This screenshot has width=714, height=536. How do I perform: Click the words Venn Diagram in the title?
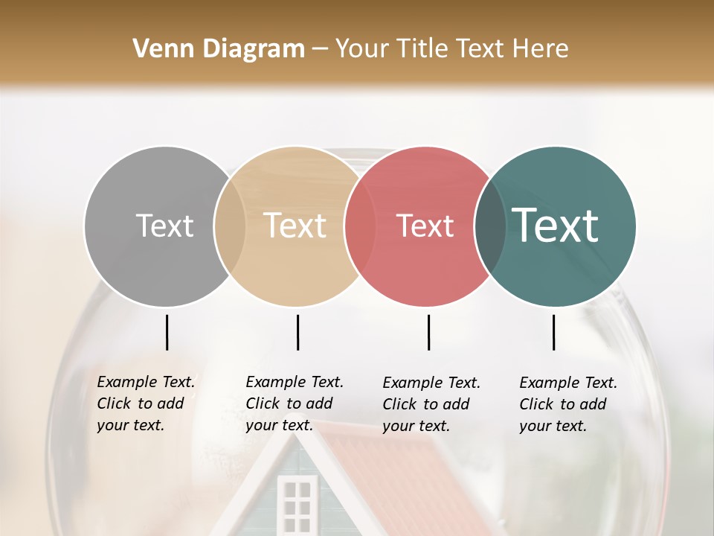coord(219,49)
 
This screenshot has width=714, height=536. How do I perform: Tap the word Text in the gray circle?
coord(164,226)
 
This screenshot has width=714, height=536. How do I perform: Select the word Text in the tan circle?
coord(295,226)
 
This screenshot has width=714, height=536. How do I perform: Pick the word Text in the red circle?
coord(425,226)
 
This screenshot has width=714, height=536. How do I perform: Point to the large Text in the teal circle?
coord(556,225)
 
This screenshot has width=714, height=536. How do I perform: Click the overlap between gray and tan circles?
coord(230,226)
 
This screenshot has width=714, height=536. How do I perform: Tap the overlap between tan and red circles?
coord(360,226)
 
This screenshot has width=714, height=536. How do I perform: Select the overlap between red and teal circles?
coord(490,226)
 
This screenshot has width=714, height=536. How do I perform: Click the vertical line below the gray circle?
coord(167,332)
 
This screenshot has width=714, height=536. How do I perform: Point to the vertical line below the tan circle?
coord(297,332)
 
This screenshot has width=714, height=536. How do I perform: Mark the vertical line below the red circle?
coord(428,332)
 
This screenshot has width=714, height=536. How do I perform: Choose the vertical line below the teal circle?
coord(553,332)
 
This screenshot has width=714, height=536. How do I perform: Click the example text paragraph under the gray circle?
coord(146,403)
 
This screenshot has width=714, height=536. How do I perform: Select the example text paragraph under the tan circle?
coord(295,403)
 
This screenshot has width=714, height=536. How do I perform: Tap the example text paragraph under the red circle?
coord(431,404)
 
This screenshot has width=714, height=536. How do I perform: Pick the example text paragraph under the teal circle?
coord(568,404)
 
